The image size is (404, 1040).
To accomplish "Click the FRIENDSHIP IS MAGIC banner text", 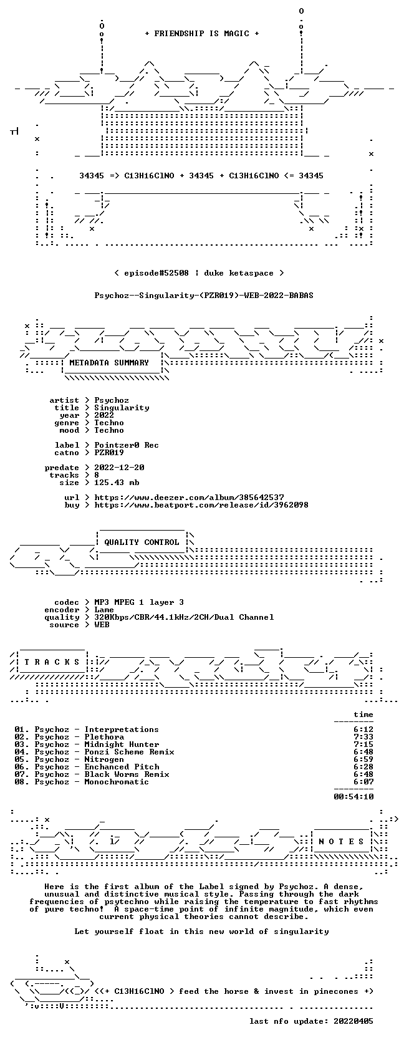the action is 202,34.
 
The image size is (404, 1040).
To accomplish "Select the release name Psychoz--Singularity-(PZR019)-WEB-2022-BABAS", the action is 204,296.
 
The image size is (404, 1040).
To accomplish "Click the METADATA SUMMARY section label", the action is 109,363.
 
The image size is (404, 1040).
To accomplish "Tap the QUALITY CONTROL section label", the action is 142,542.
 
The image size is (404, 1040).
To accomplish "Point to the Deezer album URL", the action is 189,498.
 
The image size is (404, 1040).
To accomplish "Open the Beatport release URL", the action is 201,504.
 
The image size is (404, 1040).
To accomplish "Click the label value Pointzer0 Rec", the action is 127,445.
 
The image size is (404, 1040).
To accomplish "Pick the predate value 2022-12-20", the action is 119,467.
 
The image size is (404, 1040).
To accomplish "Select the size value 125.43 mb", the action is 117,483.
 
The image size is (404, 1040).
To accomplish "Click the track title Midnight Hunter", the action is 122,744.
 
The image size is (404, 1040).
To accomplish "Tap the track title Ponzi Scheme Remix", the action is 129,752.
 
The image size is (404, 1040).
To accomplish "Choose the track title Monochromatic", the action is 117,782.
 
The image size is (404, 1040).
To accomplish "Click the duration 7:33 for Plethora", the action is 363,737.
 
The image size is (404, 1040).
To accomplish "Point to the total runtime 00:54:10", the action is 353,797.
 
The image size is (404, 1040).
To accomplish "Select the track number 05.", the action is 19,759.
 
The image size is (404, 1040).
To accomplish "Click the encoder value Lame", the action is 104,610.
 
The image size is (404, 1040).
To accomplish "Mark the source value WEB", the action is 102,625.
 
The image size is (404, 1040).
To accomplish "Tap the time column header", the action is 363,715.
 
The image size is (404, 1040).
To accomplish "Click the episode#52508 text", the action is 156,273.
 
